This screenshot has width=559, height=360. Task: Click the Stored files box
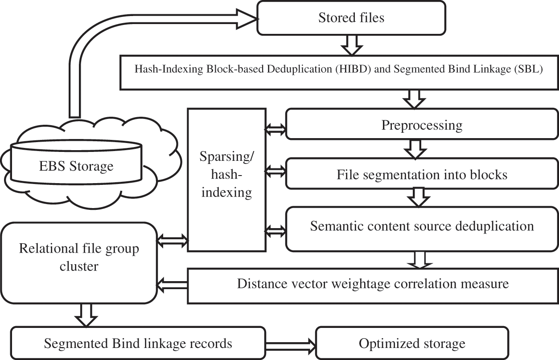click(352, 18)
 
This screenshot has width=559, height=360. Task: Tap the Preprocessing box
click(421, 125)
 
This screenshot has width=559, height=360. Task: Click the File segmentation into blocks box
click(421, 175)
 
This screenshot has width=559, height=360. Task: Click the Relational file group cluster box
click(79, 257)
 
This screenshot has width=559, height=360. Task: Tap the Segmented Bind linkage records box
click(138, 344)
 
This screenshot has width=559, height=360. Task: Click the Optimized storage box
click(412, 344)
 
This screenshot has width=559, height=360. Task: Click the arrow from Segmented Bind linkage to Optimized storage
click(291, 344)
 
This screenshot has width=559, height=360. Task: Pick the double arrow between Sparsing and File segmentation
click(275, 170)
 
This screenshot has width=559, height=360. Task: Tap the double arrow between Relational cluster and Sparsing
click(173, 241)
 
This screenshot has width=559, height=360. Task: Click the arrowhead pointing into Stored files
click(250, 18)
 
